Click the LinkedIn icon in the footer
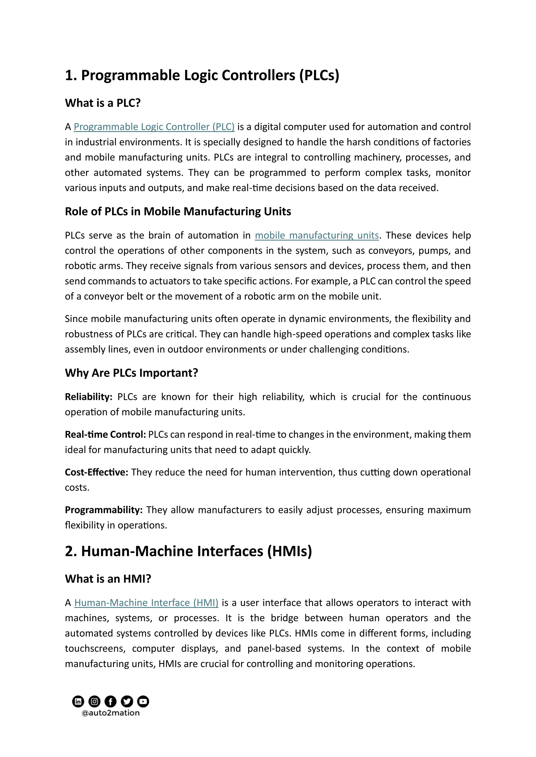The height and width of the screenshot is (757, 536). coord(78,701)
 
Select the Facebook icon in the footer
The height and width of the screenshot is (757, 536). coord(110,701)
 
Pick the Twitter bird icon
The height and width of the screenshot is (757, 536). coord(127,701)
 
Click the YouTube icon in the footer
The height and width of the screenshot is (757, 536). coord(143,701)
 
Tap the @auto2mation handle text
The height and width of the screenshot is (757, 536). coord(110,713)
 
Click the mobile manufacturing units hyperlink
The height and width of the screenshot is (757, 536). coord(316,236)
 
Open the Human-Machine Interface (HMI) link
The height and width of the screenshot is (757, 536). coord(146,603)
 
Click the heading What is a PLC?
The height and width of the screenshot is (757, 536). coord(103,103)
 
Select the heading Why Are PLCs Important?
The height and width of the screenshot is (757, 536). coord(131,373)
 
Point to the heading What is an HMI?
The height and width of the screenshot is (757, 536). coord(108,579)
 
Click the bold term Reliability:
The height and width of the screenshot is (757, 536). coord(88,397)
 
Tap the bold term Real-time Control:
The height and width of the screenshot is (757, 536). coord(105,434)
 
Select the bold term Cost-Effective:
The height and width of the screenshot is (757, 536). coord(96,472)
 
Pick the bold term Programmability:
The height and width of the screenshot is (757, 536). coord(104,510)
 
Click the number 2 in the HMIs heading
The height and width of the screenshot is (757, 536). coord(69,551)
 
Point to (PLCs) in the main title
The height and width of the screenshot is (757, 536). coord(319,76)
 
